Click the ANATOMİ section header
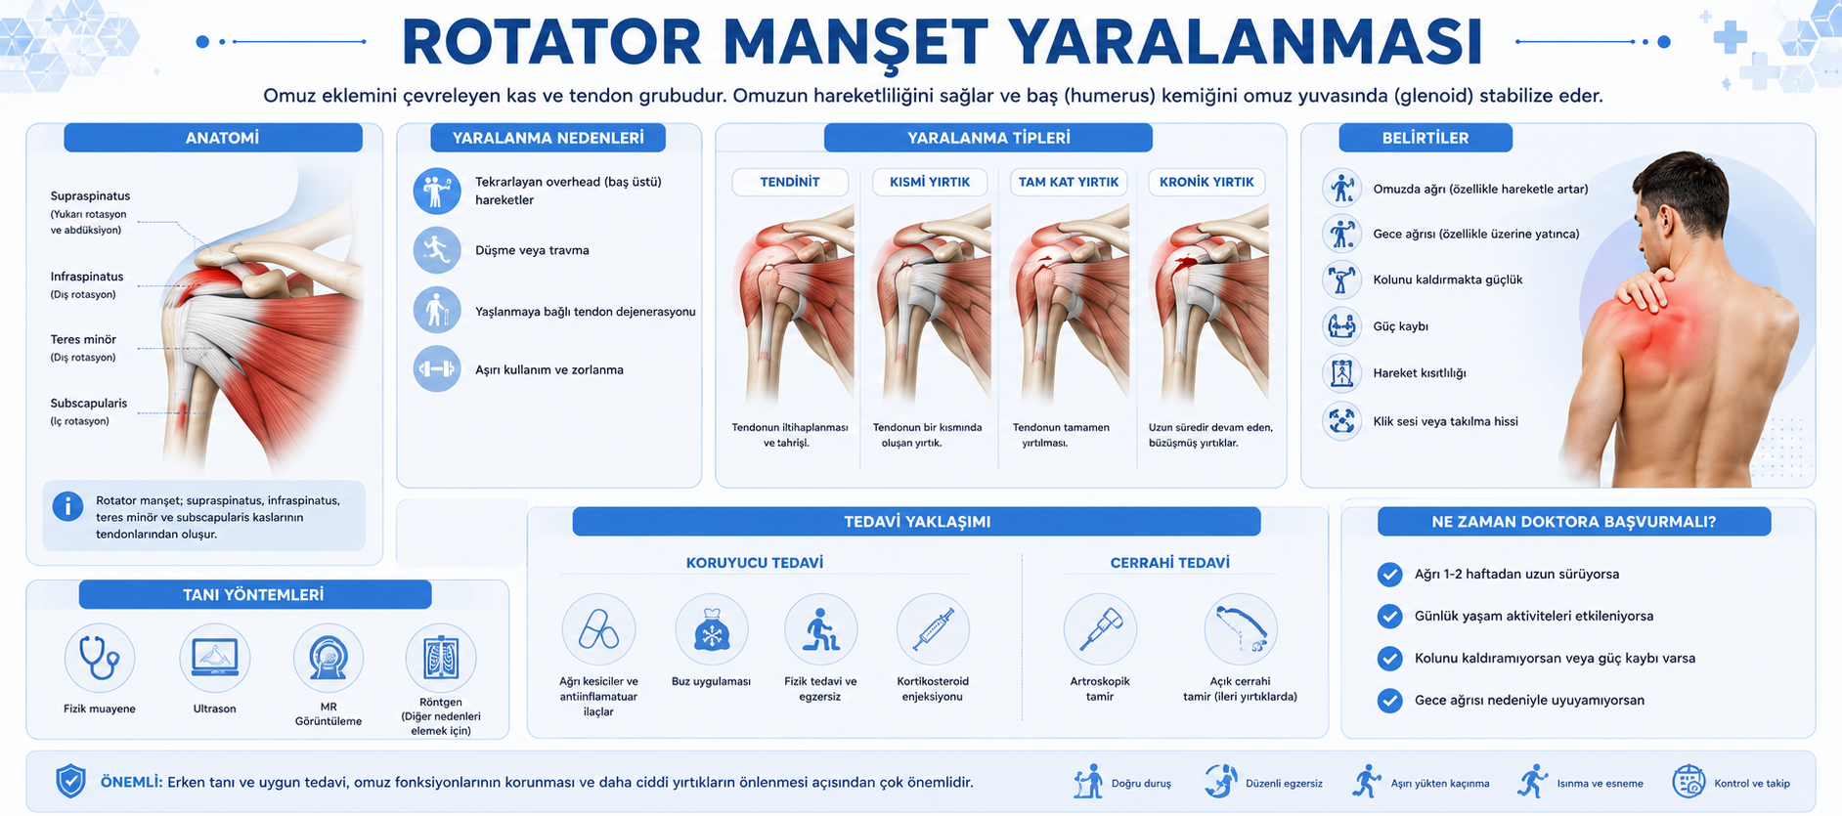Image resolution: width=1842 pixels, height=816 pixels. pyautogui.click(x=222, y=138)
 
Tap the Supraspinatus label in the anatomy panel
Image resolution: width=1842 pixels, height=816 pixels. pyautogui.click(x=90, y=195)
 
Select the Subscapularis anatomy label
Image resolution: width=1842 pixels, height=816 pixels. pyautogui.click(x=89, y=403)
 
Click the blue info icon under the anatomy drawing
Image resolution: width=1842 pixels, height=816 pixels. pyautogui.click(x=67, y=506)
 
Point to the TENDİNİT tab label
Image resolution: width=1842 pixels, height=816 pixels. pyautogui.click(x=790, y=182)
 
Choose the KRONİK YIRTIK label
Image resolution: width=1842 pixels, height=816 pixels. pyautogui.click(x=1206, y=182)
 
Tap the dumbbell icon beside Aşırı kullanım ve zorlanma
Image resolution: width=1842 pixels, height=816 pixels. pyautogui.click(x=436, y=369)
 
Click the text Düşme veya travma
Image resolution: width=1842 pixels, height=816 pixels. pyautogui.click(x=532, y=250)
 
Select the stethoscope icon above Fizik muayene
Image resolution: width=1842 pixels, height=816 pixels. pyautogui.click(x=100, y=658)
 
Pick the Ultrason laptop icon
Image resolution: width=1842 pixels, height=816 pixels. pyautogui.click(x=215, y=658)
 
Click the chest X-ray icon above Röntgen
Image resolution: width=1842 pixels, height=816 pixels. pyautogui.click(x=441, y=658)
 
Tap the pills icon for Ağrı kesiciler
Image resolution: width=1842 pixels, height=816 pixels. pyautogui.click(x=598, y=630)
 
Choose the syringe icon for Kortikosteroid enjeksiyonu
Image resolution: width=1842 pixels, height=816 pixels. pyautogui.click(x=933, y=630)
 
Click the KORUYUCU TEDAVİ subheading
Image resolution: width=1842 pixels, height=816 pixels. pyautogui.click(x=755, y=563)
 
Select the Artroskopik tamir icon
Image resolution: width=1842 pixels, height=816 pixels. pyautogui.click(x=1100, y=630)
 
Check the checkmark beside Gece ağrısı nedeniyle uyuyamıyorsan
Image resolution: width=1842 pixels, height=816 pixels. pyautogui.click(x=1389, y=700)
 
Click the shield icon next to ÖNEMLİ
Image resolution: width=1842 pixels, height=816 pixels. pyautogui.click(x=70, y=782)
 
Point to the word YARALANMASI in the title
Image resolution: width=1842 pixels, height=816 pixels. pyautogui.click(x=1245, y=42)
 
